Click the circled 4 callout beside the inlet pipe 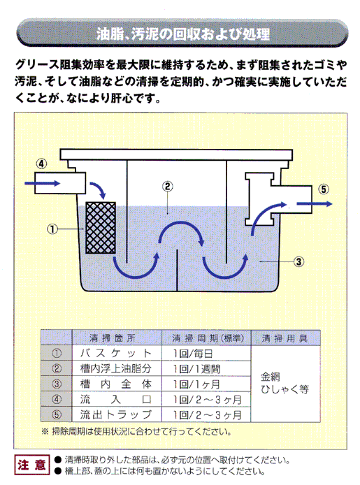(x=41, y=164)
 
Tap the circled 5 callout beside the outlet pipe (x=324, y=189)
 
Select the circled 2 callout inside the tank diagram (x=167, y=187)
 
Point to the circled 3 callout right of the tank (x=298, y=261)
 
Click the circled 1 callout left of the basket (x=52, y=229)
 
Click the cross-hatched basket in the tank (x=101, y=228)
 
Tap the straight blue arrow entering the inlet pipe (x=43, y=183)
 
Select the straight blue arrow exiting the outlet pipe (x=315, y=203)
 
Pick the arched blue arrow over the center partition (x=181, y=223)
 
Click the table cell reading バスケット (x=116, y=353)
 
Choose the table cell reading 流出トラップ (x=116, y=414)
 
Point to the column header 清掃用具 (x=285, y=338)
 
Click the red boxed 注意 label (x=32, y=465)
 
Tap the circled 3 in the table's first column (x=57, y=384)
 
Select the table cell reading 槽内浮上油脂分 (x=115, y=368)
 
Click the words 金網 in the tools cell (x=271, y=377)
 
